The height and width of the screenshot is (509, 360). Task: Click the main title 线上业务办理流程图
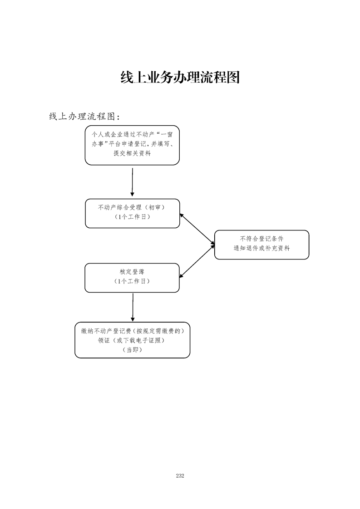tap(180, 78)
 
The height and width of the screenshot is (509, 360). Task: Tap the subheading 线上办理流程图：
tap(84, 117)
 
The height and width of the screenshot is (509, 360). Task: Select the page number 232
tap(180, 476)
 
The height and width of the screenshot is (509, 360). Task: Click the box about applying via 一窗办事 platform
tap(132, 145)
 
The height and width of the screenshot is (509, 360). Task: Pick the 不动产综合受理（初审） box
tap(132, 213)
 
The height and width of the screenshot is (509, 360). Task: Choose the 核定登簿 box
tap(132, 278)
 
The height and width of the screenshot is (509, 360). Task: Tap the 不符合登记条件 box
tap(261, 245)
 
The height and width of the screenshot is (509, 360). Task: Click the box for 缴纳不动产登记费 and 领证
tap(132, 340)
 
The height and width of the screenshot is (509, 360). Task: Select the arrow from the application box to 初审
tap(132, 181)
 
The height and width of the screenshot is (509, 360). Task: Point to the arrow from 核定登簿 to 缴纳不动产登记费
tap(133, 307)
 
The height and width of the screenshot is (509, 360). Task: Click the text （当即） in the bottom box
tap(132, 350)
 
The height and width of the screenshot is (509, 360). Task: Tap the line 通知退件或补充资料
tap(261, 249)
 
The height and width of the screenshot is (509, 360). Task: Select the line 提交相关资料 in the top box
tap(132, 153)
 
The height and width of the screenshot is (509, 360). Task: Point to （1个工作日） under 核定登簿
tap(132, 281)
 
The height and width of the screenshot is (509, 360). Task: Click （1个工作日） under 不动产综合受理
tap(132, 217)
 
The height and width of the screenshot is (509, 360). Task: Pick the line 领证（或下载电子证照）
tap(132, 340)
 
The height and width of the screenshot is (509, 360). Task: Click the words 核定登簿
tap(132, 272)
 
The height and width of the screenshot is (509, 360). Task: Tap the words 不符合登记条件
tap(261, 239)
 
